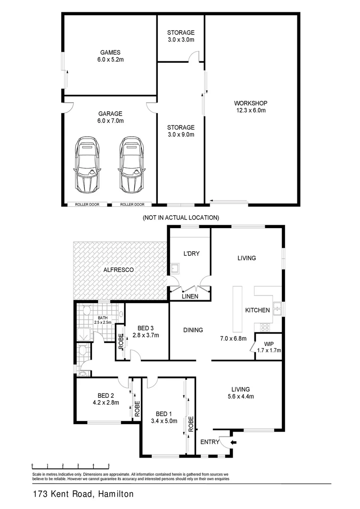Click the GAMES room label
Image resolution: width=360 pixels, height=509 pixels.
coord(110,53)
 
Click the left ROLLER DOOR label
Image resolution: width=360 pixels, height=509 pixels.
coord(87,205)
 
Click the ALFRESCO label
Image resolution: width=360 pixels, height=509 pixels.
coord(120,269)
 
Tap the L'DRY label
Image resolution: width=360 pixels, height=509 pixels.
coord(191,254)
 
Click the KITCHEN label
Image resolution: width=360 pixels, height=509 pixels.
coord(257,310)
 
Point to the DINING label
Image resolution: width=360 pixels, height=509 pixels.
coord(193,330)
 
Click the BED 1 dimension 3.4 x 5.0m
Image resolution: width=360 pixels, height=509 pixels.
coord(164,421)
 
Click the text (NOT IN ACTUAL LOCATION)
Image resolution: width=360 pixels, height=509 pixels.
coord(180,218)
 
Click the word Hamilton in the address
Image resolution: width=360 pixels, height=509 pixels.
coord(116,494)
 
